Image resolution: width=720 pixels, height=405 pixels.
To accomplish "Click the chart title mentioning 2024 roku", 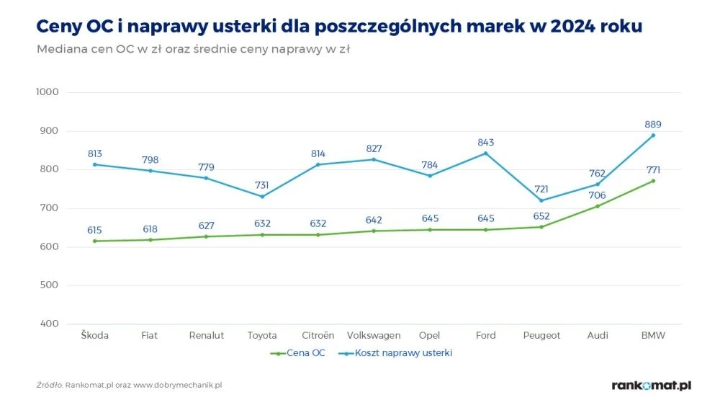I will [x=339, y=26].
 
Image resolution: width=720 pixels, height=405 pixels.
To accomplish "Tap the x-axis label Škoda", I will [x=94, y=335].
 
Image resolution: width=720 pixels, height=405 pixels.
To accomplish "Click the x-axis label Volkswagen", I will [x=374, y=335].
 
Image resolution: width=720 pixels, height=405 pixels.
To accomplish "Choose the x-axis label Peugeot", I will [x=541, y=335].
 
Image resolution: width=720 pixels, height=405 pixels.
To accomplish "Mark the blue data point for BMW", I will [x=653, y=135].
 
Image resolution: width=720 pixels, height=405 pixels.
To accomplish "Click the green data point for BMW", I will [x=653, y=181].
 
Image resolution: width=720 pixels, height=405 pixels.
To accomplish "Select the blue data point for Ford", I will [x=486, y=153].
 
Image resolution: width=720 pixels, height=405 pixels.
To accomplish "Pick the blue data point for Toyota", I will [x=262, y=196].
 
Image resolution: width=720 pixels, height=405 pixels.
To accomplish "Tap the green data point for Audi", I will [x=598, y=206].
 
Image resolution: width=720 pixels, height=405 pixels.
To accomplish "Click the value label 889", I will [x=653, y=124].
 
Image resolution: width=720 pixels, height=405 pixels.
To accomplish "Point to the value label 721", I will [x=541, y=189].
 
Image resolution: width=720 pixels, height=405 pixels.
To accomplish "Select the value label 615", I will [x=94, y=229].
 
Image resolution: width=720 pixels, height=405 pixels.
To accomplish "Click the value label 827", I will [x=374, y=148].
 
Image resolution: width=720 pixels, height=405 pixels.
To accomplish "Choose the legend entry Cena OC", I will [x=297, y=353].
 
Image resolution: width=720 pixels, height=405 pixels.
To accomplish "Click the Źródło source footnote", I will [x=129, y=385].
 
